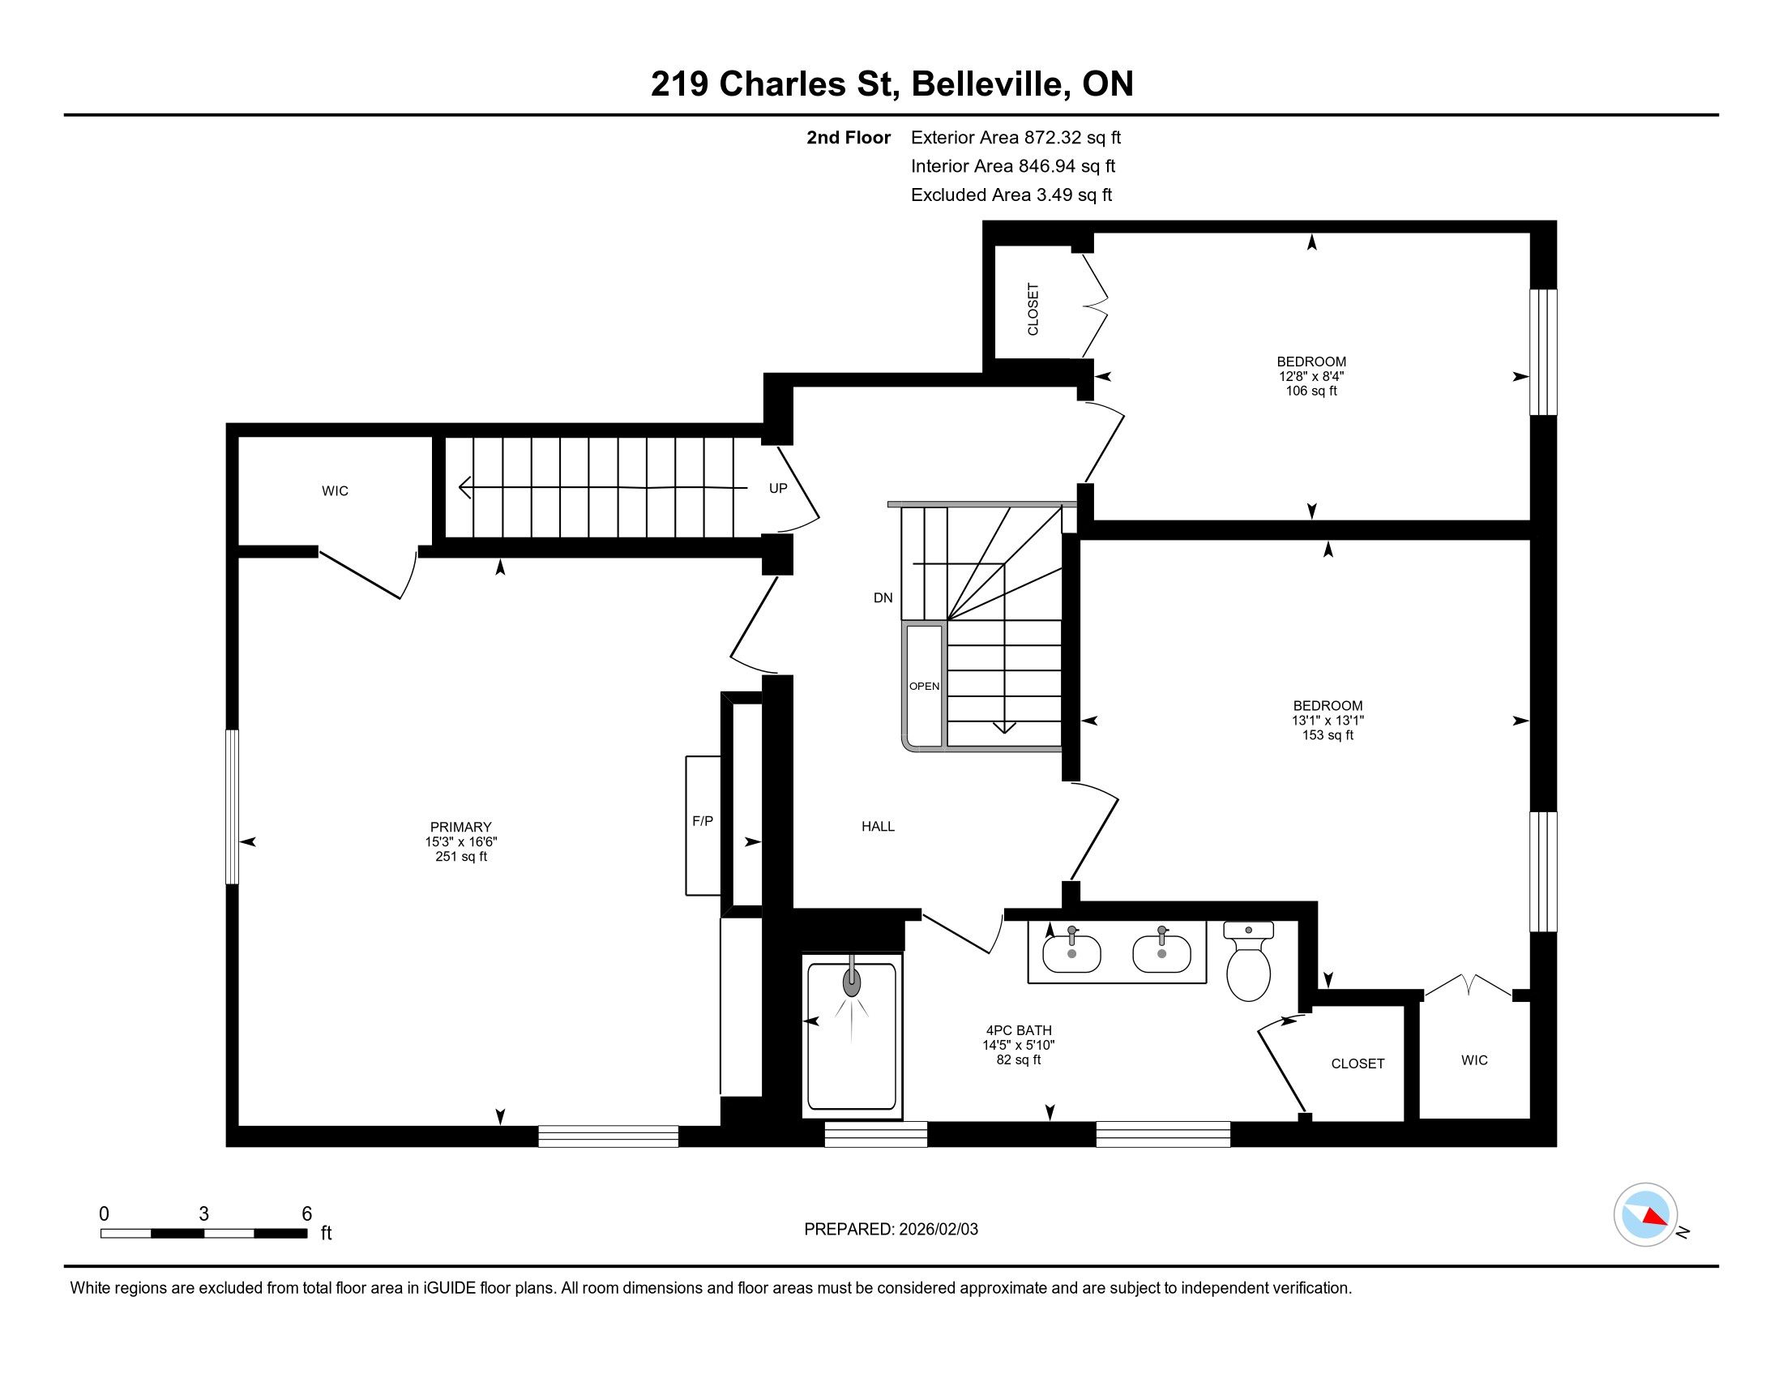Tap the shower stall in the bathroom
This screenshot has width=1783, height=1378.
coord(853,1035)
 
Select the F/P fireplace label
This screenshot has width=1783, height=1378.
coord(702,821)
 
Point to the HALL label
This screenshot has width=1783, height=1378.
coord(879,826)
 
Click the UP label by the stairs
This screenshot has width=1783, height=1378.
coord(778,488)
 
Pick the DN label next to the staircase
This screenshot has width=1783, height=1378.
coord(883,597)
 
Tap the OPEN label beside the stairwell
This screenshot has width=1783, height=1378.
coord(924,686)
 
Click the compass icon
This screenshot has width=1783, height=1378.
coord(1646,1215)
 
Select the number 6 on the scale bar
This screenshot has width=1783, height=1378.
coord(307,1214)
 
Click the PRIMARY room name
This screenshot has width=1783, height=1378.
coord(461,826)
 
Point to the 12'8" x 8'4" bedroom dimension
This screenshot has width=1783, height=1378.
coord(1312,376)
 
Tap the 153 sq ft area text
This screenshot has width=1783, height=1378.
coord(1328,734)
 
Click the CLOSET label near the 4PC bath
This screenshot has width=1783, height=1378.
coord(1358,1063)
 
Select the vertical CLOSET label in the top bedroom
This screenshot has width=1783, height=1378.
coord(1033,309)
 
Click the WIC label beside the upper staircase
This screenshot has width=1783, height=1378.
coord(335,490)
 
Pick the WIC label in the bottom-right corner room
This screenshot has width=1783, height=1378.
coord(1474,1060)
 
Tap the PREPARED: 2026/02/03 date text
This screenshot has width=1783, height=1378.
coord(891,1229)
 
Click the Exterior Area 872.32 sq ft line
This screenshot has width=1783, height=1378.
coord(1015,137)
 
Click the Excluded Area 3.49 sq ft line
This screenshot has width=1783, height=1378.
coord(1011,195)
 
